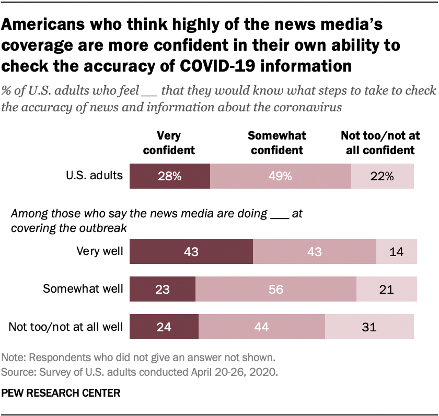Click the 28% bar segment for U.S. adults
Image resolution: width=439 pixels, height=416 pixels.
click(x=170, y=176)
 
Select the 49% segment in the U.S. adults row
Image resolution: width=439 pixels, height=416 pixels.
click(x=280, y=176)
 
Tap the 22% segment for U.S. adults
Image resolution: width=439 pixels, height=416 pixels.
click(x=382, y=176)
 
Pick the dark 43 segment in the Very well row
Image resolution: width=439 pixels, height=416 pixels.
click(x=191, y=251)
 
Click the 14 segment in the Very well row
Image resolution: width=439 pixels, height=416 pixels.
click(x=396, y=251)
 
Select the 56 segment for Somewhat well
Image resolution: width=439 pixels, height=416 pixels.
click(x=275, y=290)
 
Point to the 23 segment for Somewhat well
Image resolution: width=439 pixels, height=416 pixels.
click(x=162, y=290)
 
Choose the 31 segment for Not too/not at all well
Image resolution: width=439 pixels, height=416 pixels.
click(x=369, y=328)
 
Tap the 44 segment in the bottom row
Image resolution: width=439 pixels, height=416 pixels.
click(x=262, y=328)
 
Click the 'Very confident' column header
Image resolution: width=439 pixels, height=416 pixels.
click(x=169, y=143)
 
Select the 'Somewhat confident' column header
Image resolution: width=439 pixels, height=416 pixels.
click(x=276, y=143)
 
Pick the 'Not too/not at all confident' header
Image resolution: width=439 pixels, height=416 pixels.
click(x=380, y=143)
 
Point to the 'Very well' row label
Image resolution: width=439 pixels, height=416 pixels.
click(x=99, y=251)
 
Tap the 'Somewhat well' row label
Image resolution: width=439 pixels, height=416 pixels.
click(x=84, y=290)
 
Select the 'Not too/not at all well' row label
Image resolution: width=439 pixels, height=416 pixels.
click(x=66, y=328)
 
